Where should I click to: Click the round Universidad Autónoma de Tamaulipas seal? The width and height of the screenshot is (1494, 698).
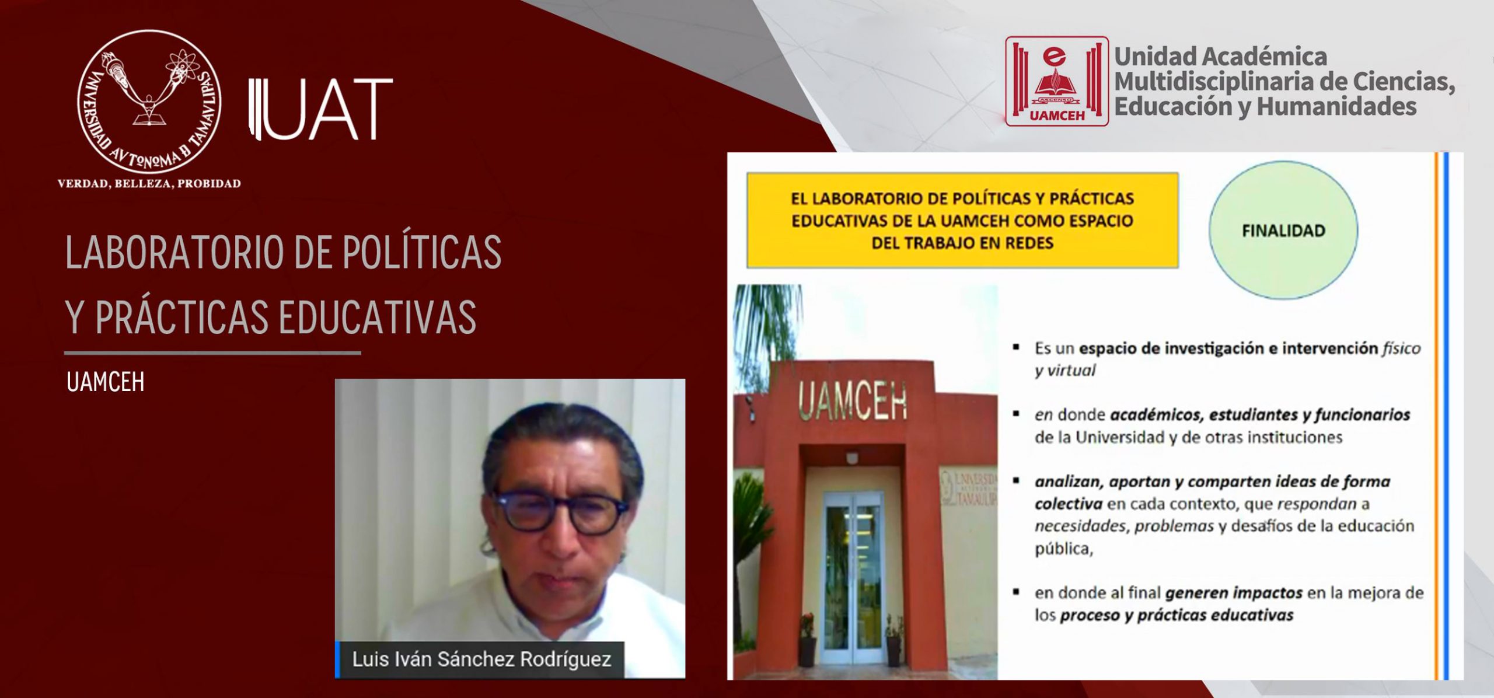pos(149,102)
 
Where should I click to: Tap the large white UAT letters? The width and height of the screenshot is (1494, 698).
pos(320,110)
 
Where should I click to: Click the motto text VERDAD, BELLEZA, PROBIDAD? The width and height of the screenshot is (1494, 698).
pos(149,184)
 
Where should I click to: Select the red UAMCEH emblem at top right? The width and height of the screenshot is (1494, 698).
pos(1056,81)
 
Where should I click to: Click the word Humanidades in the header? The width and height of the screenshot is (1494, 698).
pos(1336,107)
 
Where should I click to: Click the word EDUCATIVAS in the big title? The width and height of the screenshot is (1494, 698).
pos(378,317)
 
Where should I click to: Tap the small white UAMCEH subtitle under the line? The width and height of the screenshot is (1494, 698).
pos(106,382)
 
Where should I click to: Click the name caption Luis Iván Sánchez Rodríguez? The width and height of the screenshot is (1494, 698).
pos(481,659)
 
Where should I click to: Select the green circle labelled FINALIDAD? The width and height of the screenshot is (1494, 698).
pos(1283,231)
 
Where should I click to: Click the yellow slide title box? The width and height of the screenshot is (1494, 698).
pos(962,221)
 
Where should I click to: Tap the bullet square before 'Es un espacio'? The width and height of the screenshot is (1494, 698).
pos(1016,348)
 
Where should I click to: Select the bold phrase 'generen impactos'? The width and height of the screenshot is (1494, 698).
pos(1234,593)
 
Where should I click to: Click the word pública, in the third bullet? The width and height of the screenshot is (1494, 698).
pos(1063,549)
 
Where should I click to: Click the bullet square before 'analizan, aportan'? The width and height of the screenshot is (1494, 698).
pos(1016,481)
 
